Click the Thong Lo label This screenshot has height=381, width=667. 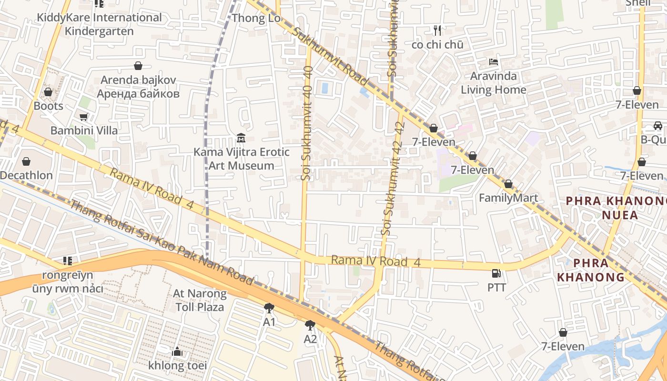point(256,19)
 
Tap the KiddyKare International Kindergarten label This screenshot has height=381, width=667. point(99,24)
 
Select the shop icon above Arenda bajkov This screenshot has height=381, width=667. point(138,66)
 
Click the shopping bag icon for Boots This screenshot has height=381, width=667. point(48,91)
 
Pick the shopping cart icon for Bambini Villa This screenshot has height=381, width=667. point(84,117)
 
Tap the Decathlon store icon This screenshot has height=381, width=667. point(26,162)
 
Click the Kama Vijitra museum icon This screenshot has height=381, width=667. point(241,138)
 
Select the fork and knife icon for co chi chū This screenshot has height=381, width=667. point(437,30)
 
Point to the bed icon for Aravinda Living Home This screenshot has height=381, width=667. point(494,62)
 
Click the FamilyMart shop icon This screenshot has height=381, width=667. point(508,184)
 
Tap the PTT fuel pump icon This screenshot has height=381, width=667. point(496,273)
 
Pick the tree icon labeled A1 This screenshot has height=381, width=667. point(269,308)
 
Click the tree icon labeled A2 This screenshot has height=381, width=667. point(310,325)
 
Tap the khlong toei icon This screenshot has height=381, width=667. point(177,352)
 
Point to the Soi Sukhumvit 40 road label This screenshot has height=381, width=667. point(307,124)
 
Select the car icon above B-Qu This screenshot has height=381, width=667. point(657,126)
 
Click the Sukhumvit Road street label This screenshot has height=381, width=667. point(329,56)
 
